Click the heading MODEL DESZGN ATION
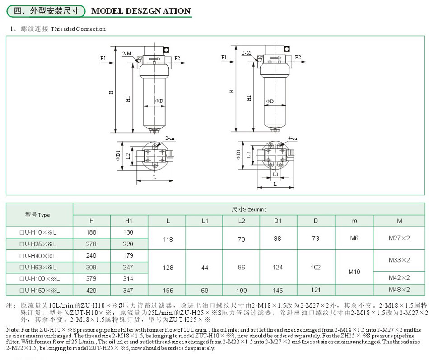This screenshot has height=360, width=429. tap(141, 11)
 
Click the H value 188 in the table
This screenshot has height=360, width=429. tap(92, 232)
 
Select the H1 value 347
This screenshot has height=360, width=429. tap(129, 290)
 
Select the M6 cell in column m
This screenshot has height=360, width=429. tap(354, 238)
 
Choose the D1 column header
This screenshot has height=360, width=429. tap(278, 221)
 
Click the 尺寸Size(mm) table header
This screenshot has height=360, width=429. tap(249, 209)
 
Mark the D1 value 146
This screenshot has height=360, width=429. tap(278, 290)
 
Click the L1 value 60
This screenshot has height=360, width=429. tap(205, 290)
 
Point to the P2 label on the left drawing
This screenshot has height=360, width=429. tap(177, 58)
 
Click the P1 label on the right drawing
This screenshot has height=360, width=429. tap(224, 58)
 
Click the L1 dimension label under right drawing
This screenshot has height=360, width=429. tap(275, 174)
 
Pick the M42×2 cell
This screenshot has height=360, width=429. tap(399, 278)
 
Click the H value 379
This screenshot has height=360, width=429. tap(92, 279)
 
